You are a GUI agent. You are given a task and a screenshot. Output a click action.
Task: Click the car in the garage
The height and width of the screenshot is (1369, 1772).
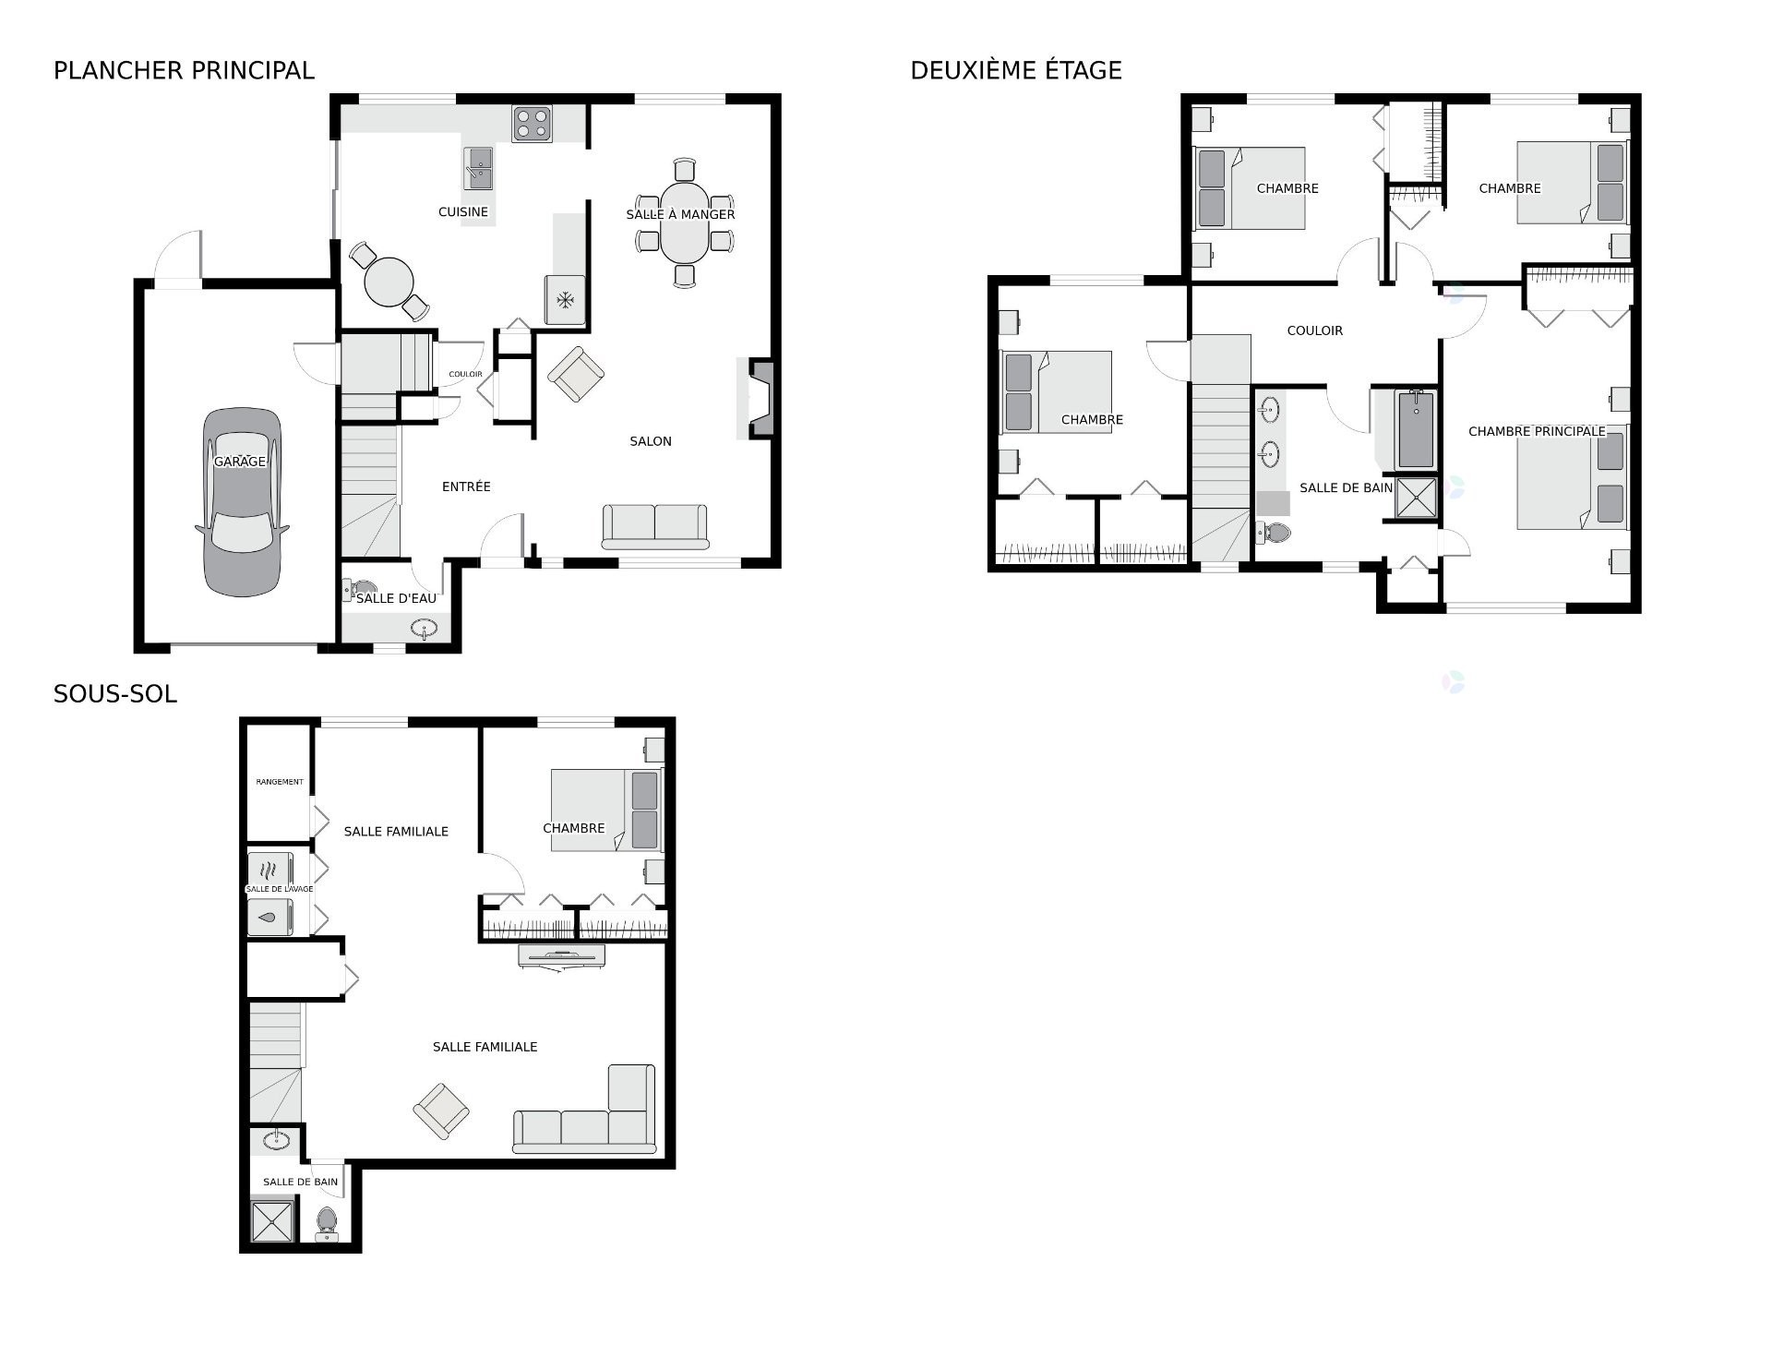tap(242, 503)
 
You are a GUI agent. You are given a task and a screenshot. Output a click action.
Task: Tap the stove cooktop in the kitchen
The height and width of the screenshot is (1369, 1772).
tap(533, 125)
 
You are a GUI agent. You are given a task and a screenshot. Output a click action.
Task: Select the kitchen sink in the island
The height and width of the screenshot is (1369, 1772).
tap(479, 169)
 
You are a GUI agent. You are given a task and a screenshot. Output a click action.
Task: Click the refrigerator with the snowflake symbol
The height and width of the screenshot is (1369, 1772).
tap(565, 300)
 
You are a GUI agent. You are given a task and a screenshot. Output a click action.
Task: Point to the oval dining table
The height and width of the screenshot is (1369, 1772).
tap(684, 223)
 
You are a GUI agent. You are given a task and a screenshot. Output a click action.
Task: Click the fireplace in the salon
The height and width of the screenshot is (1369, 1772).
tap(760, 398)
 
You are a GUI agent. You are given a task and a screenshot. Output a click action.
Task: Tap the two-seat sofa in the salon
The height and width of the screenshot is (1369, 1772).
tap(654, 525)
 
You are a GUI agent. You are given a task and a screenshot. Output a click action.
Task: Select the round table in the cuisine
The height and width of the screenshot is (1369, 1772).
tap(389, 282)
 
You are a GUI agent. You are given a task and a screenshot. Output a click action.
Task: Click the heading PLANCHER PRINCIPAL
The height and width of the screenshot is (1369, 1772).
tap(184, 70)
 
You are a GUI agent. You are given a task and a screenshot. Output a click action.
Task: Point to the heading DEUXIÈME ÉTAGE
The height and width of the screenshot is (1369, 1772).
tap(1015, 70)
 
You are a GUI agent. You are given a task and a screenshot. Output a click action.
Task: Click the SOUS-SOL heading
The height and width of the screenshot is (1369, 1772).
tap(115, 694)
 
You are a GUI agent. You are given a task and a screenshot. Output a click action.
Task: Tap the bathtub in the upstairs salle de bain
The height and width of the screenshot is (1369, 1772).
tap(1416, 430)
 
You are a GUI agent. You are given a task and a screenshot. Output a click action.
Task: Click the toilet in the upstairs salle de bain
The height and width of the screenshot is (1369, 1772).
tap(1275, 533)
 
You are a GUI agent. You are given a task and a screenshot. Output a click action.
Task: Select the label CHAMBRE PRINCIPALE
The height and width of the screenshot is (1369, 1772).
tap(1536, 431)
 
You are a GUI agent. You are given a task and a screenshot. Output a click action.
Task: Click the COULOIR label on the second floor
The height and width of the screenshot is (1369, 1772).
tap(1314, 330)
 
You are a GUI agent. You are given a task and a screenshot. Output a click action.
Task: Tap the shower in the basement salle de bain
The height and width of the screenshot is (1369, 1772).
tap(274, 1219)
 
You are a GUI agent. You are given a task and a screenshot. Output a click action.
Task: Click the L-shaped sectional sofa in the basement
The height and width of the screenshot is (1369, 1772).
tap(591, 1122)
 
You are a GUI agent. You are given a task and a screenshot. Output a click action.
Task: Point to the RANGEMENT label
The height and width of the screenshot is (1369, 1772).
tap(279, 782)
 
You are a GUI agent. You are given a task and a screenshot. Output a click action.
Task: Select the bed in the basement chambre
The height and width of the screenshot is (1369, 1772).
tap(606, 810)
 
